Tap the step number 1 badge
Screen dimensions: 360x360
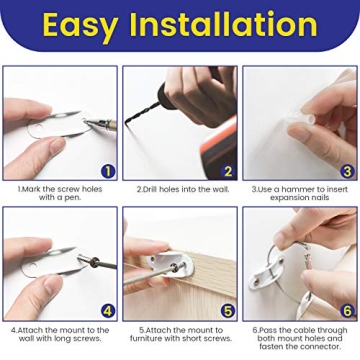pyautogui.click(x=108, y=171)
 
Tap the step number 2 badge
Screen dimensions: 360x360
pyautogui.click(x=227, y=171)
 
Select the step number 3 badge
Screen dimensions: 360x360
pyautogui.click(x=347, y=171)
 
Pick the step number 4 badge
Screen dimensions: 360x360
pyautogui.click(x=108, y=310)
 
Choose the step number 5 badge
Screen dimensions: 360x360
pyautogui.click(x=227, y=310)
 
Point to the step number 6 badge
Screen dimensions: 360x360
pyautogui.click(x=347, y=310)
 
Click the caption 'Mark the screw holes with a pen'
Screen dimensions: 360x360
pyautogui.click(x=61, y=193)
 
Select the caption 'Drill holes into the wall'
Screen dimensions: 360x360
pyautogui.click(x=180, y=189)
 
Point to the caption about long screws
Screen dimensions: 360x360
pyautogui.click(x=61, y=334)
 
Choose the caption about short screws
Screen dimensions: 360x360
pyautogui.click(x=180, y=334)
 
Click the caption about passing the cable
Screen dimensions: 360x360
pyautogui.click(x=300, y=338)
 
